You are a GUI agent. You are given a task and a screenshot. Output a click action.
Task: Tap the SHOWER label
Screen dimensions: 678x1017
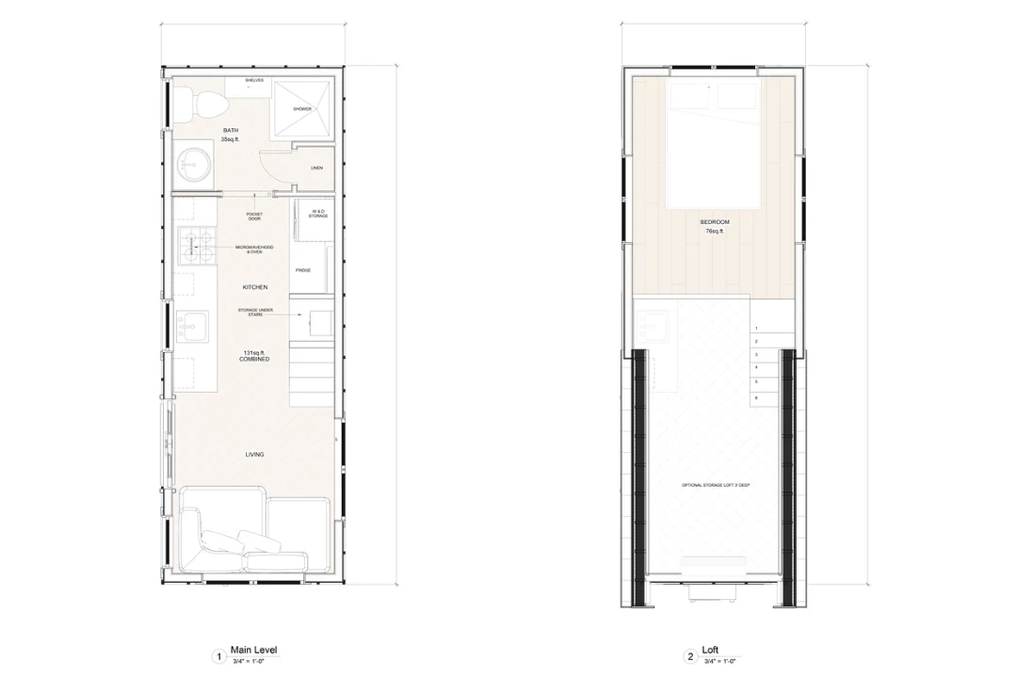[301, 109]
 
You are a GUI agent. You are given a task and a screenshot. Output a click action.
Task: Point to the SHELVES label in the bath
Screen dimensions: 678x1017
[254, 81]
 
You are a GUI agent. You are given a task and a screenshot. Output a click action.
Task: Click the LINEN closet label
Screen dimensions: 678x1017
[316, 169]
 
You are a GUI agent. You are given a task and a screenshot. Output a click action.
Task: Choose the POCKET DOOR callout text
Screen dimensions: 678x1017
[254, 217]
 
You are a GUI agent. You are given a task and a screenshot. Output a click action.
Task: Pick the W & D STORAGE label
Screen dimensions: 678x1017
[317, 214]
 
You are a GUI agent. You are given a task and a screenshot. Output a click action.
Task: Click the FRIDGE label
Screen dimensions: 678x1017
[303, 270]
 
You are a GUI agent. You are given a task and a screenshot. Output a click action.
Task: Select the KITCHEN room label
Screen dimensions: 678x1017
[254, 286]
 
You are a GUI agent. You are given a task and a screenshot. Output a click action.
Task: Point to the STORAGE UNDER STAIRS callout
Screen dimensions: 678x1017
[254, 313]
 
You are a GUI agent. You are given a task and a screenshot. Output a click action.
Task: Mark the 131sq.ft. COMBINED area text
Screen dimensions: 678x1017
[254, 356]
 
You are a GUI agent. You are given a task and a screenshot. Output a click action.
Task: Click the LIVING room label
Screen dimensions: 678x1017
[254, 455]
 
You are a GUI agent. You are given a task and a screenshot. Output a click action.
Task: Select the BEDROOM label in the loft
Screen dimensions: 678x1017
[715, 222]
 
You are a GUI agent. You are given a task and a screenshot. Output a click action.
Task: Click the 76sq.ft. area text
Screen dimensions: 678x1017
[715, 232]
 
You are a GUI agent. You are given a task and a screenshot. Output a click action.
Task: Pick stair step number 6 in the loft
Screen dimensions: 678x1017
[757, 397]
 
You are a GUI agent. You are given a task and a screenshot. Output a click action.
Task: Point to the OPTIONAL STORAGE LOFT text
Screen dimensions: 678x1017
[716, 486]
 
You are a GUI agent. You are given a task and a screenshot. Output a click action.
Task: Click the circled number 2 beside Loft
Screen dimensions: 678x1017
[689, 655]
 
